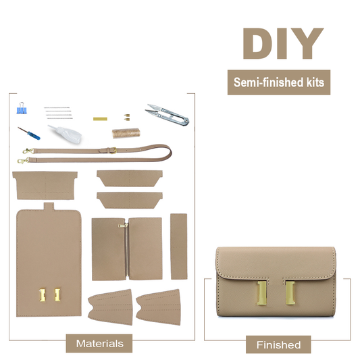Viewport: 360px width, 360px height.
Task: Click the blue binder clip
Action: [22, 108]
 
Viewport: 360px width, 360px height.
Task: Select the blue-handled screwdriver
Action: [29, 133]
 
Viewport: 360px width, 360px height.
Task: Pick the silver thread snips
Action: [168, 115]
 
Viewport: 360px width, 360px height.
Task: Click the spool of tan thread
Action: [126, 133]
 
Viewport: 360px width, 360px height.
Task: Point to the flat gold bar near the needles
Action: [100, 119]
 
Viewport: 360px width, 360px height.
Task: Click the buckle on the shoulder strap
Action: [113, 151]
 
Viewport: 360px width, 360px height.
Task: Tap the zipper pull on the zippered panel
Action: [123, 226]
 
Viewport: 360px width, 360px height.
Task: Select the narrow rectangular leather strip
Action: [178, 247]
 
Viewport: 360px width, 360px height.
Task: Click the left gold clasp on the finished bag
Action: [262, 293]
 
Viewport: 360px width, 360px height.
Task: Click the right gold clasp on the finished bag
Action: [290, 293]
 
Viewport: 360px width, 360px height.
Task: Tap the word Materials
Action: [100, 344]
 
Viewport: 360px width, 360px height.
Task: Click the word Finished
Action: [278, 345]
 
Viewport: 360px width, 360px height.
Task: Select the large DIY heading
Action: [283, 44]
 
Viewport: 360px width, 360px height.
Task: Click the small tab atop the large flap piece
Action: [49, 207]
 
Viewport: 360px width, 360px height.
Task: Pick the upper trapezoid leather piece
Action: [130, 178]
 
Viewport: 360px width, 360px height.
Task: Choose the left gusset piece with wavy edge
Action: [110, 307]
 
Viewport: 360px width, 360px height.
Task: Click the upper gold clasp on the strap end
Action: [28, 151]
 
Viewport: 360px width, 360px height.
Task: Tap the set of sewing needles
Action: [58, 113]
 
